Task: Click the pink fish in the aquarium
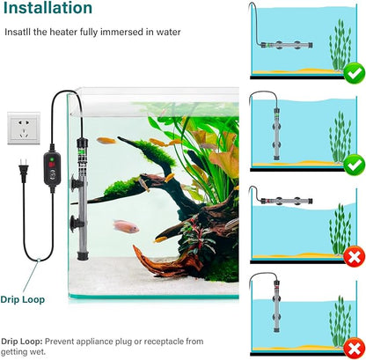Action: click(126, 226)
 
